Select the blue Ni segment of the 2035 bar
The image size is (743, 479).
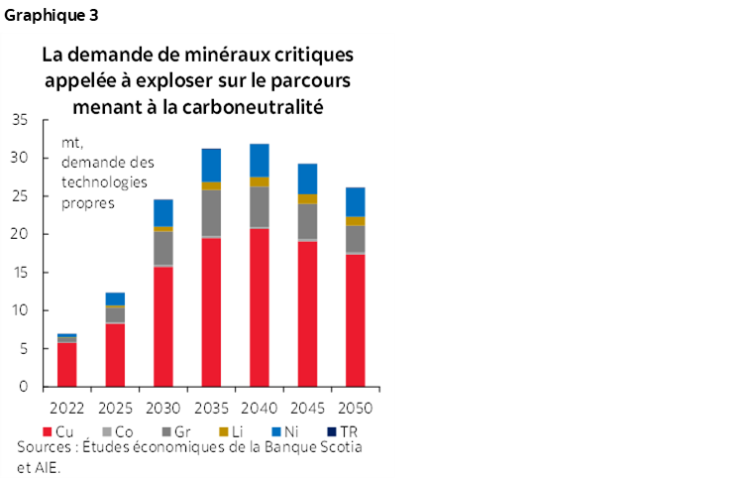click(x=211, y=165)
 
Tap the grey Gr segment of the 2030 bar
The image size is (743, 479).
click(x=162, y=248)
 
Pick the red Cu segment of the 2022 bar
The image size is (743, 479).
click(x=66, y=364)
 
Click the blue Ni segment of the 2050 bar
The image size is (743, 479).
click(x=355, y=201)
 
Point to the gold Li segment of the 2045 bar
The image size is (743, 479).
click(x=307, y=199)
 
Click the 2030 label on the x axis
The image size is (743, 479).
click(x=162, y=407)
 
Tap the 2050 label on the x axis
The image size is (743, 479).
click(x=355, y=407)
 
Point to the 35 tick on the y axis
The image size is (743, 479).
click(x=21, y=120)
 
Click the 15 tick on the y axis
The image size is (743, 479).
click(x=21, y=273)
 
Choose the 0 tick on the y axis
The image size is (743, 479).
click(x=25, y=388)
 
